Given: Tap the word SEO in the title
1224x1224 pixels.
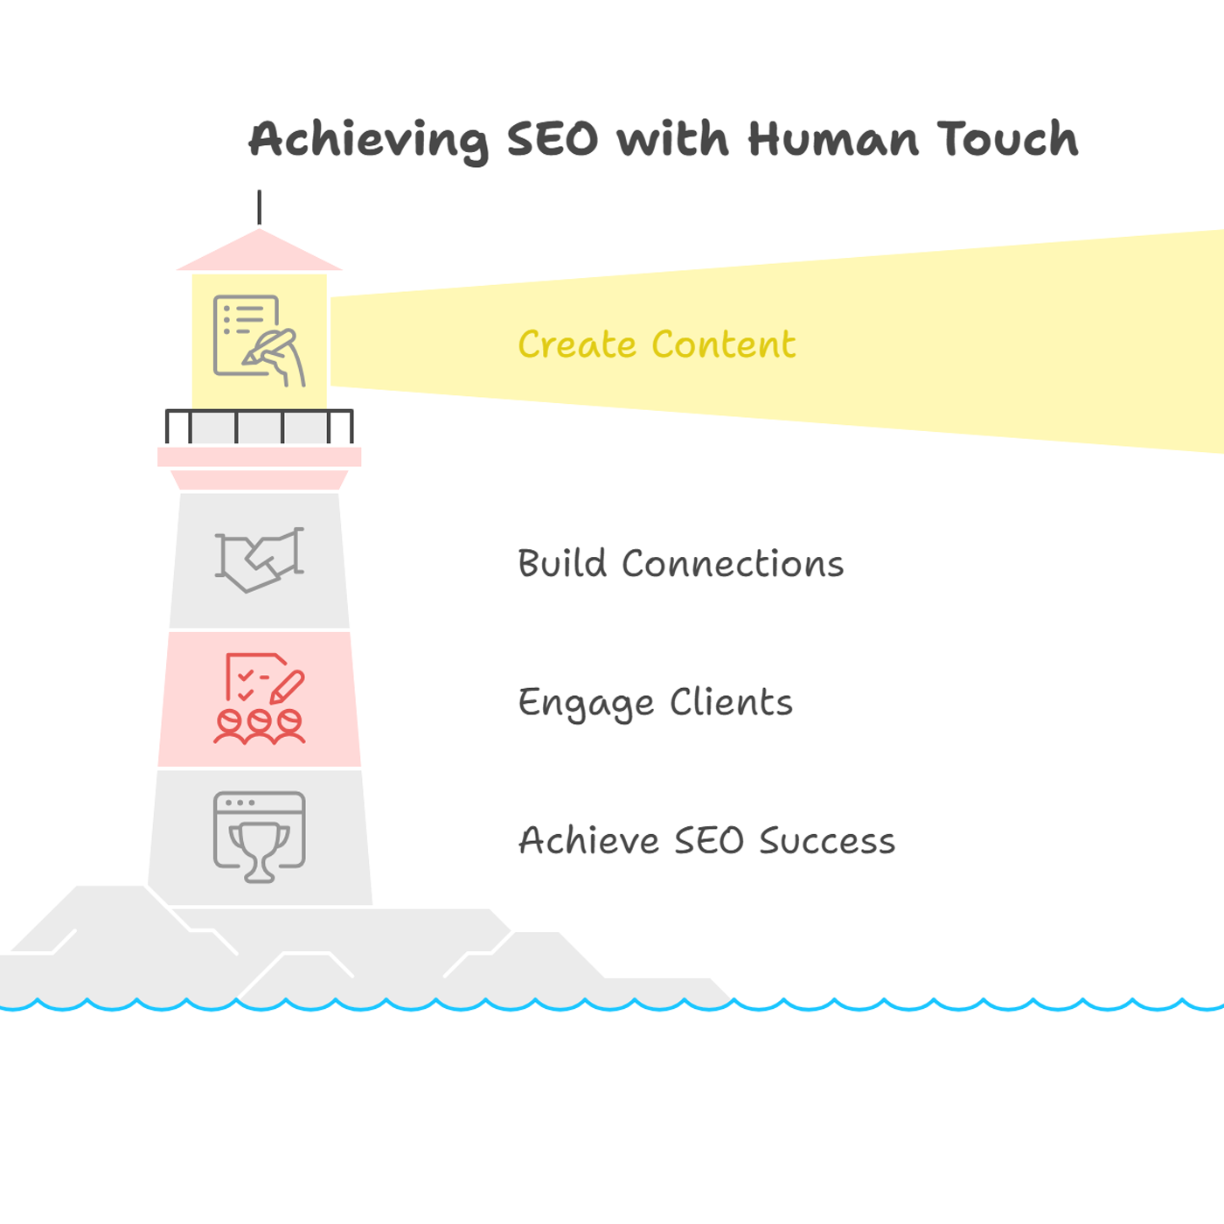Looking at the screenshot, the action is [552, 139].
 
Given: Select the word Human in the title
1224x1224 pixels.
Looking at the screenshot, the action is [832, 138].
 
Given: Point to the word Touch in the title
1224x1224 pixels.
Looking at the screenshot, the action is [1007, 138].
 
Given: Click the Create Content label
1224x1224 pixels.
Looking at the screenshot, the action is [657, 344].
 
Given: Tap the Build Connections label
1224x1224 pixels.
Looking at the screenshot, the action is [681, 563].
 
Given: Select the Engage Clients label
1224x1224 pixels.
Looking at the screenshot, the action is [656, 703].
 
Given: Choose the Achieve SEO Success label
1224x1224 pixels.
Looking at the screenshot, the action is [707, 840].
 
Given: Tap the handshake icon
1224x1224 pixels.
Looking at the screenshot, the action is [259, 560].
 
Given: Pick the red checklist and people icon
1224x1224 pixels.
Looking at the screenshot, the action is [259, 699].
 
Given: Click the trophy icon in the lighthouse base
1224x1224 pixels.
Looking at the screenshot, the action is [259, 838].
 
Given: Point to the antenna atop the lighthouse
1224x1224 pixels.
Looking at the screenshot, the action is [259, 207].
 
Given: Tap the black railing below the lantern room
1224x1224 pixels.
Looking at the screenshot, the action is [259, 426].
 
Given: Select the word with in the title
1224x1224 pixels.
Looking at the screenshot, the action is [672, 138].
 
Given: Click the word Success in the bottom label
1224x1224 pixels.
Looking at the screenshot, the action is [828, 840].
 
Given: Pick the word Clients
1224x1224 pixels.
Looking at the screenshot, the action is [732, 702].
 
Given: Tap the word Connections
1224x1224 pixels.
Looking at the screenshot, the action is [733, 563].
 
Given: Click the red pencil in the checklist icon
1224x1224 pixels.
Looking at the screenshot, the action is [287, 687].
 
